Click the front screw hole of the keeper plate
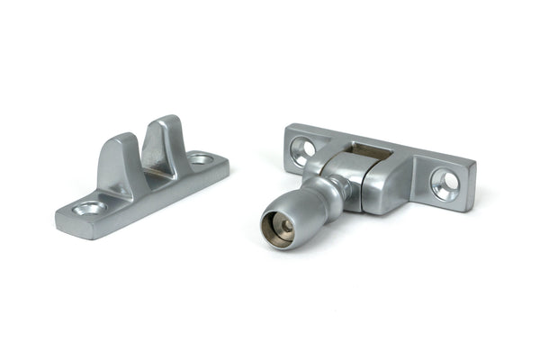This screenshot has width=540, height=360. click(90, 208)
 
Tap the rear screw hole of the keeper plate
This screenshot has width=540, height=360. click(201, 159)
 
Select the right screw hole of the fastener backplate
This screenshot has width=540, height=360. click(444, 183)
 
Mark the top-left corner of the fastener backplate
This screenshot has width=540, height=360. click(288, 129)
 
